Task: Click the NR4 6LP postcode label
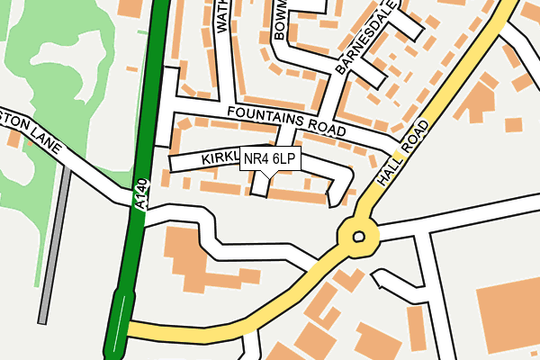(270, 159)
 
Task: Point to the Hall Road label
(400, 155)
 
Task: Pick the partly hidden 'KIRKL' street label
(219, 158)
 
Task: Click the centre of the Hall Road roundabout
(359, 237)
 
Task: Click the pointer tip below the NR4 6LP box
(270, 175)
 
